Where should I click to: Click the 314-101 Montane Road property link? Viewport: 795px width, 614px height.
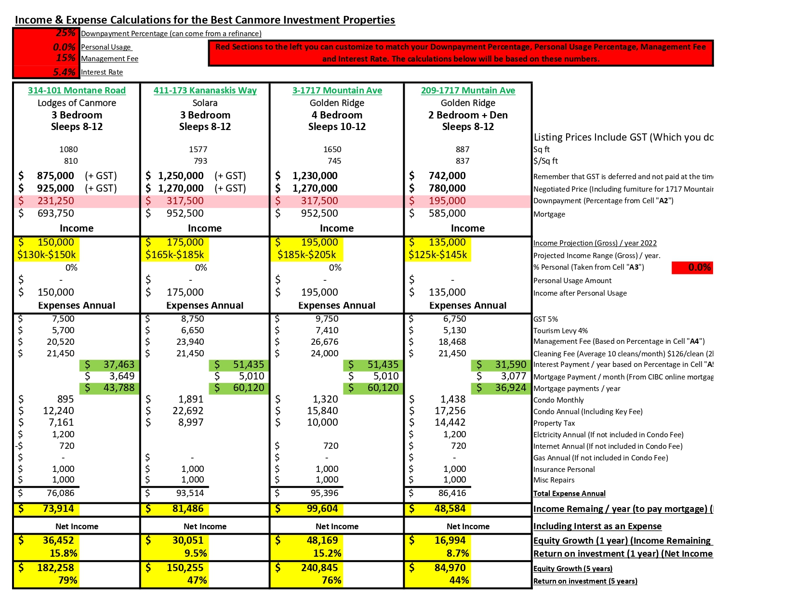tap(77, 91)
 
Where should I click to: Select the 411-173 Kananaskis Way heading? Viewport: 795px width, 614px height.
tap(205, 91)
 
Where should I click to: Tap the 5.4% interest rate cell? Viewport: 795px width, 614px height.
tap(64, 72)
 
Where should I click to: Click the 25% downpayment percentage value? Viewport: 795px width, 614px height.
tap(66, 33)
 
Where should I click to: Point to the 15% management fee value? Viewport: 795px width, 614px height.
tap(66, 58)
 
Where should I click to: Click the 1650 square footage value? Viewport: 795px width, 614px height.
tap(332, 149)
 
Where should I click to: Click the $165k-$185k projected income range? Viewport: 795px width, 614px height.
tap(174, 255)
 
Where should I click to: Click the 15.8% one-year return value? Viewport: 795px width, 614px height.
tap(63, 553)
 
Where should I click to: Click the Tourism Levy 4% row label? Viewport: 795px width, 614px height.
tap(560, 330)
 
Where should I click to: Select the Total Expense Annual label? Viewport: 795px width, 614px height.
tap(570, 493)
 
